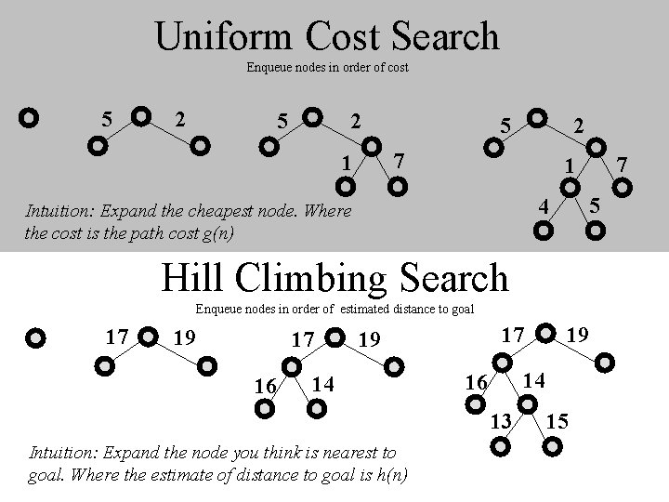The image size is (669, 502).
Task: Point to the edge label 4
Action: (x=547, y=202)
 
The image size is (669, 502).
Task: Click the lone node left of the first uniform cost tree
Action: (x=29, y=119)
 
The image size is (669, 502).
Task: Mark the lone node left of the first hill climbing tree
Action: (x=35, y=337)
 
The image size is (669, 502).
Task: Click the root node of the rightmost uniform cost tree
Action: (x=536, y=119)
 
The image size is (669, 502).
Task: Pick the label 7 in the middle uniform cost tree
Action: (x=399, y=162)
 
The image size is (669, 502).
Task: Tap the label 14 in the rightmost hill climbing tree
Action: (x=534, y=380)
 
